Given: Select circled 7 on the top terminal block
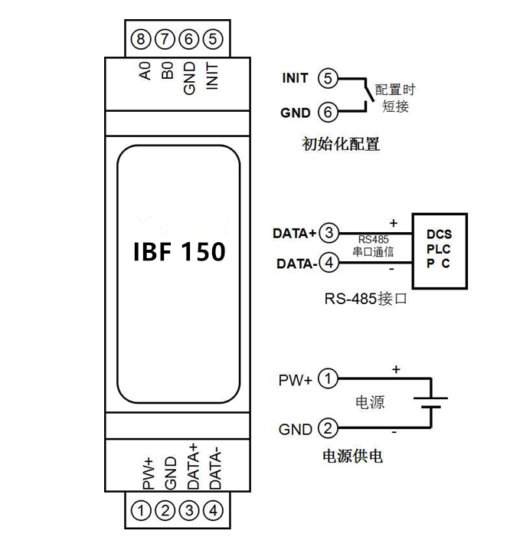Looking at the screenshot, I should coord(164,38).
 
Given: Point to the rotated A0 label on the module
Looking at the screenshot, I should coord(144,74).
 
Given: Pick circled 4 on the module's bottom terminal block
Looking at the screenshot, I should coord(215,509).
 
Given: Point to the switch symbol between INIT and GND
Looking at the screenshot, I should coord(368,96).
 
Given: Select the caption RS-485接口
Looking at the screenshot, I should coord(364,300).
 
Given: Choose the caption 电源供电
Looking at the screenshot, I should coord(351,457).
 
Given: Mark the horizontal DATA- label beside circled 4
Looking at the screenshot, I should coord(296,264).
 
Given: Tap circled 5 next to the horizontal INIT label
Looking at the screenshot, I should coord(328,79).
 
